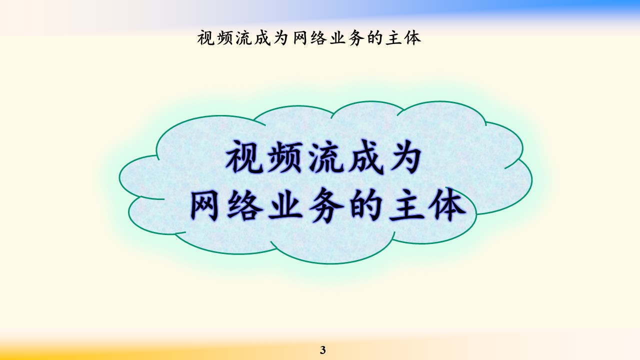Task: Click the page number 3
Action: click(x=323, y=350)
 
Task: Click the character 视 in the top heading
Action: click(x=206, y=38)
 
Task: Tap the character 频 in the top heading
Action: click(x=224, y=38)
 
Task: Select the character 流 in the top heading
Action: click(x=243, y=38)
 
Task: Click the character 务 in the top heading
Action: click(x=356, y=38)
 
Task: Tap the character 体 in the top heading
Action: click(x=412, y=38)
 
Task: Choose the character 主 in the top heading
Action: click(x=393, y=38)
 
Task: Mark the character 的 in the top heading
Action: click(x=375, y=38)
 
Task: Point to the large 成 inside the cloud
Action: click(x=365, y=156)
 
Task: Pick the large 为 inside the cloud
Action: click(x=404, y=156)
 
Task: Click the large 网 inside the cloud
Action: click(x=204, y=205)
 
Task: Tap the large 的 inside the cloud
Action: click(x=365, y=205)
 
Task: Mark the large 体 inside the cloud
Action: click(x=447, y=205)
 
